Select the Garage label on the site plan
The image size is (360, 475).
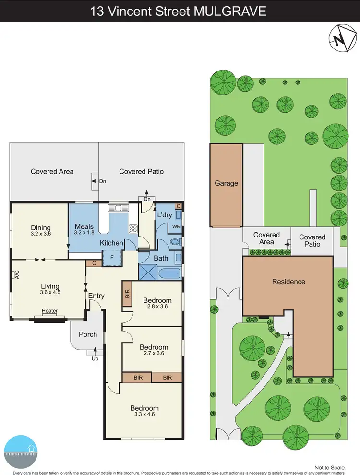(226, 183)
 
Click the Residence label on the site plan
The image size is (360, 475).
(288, 282)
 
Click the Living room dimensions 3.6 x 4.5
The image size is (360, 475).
(50, 291)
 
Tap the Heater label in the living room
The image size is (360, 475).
(49, 311)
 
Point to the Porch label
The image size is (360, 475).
(87, 334)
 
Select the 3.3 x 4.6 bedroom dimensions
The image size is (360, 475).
(144, 416)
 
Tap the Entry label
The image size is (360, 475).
(96, 296)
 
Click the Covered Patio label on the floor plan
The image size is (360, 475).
(141, 171)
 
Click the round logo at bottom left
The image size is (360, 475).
(24, 449)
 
